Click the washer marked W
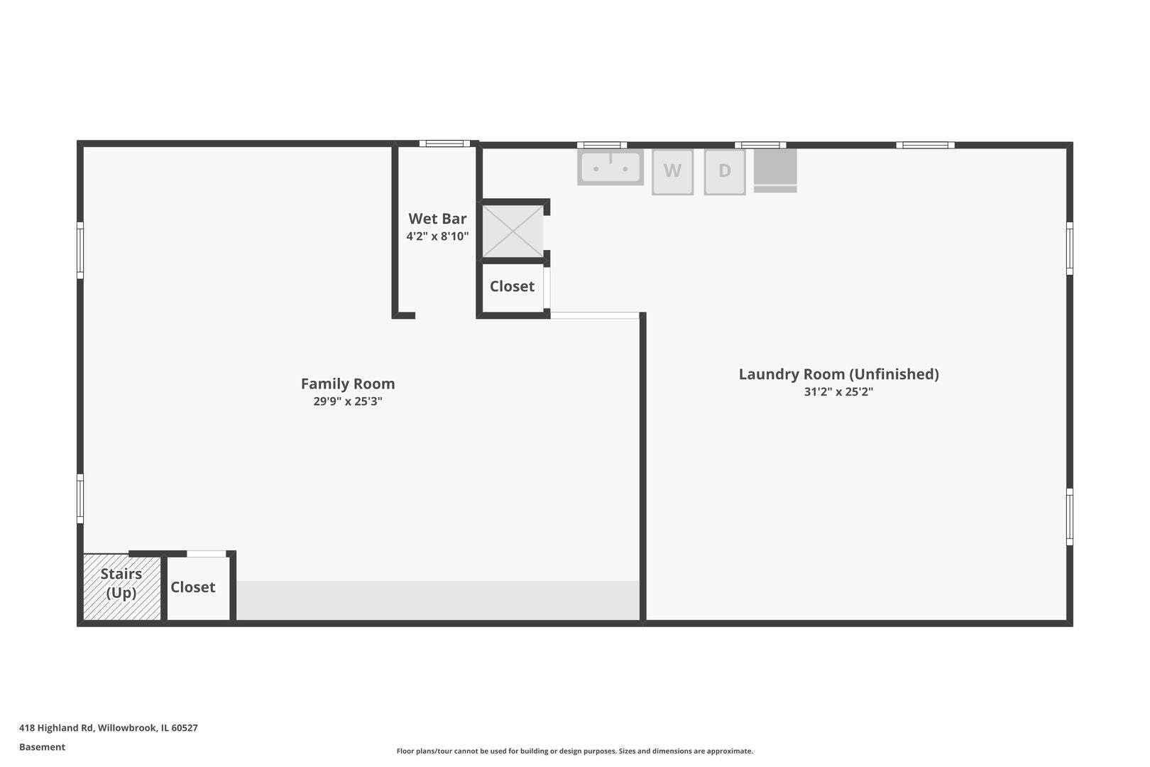coord(672,172)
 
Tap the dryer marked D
coord(724,172)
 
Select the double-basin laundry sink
coord(610,166)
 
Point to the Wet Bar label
coord(437,219)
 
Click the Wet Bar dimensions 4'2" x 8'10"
coord(437,236)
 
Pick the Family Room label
coord(348,383)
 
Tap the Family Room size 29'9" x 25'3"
coord(348,401)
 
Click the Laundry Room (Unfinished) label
coord(838,374)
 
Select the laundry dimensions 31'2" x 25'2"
coord(838,392)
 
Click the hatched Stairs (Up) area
coord(122,587)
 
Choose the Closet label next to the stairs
coord(192,587)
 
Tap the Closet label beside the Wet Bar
coord(512,286)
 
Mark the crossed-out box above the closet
coord(513,232)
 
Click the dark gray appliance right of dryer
coord(775,170)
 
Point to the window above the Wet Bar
coord(444,143)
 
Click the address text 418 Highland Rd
coord(57,728)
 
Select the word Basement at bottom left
coord(42,747)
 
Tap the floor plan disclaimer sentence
coord(574,751)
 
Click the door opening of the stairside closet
coord(207,554)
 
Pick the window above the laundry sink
coord(602,145)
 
